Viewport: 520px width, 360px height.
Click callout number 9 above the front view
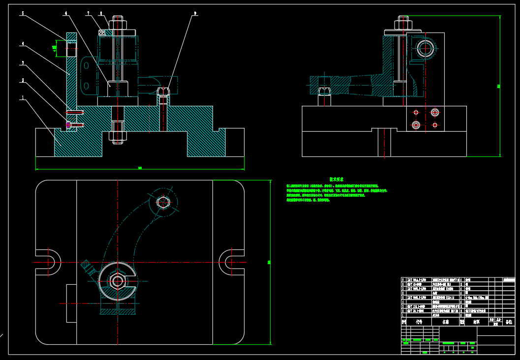coord(195,14)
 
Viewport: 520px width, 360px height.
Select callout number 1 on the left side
coord(22,97)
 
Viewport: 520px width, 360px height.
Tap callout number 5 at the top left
coord(22,14)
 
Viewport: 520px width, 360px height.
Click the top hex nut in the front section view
coord(117,23)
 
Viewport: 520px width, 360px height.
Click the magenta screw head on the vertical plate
coord(68,125)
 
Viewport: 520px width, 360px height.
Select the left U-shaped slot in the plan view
coord(49,262)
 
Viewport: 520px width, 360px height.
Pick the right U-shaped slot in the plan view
coord(230,262)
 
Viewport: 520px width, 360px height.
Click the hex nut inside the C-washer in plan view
coord(117,281)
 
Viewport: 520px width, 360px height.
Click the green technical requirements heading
coord(336,180)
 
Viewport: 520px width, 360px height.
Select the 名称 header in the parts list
coord(445,322)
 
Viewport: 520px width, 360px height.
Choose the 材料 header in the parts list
coord(476,322)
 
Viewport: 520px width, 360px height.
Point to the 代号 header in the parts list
coord(419,322)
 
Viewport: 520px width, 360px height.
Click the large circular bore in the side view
coord(426,48)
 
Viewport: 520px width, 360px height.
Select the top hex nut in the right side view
coord(403,23)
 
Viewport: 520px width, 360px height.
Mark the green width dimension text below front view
coord(140,168)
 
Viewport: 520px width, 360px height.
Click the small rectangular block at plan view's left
coord(71,303)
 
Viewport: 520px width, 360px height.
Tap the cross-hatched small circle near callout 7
coord(102,33)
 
